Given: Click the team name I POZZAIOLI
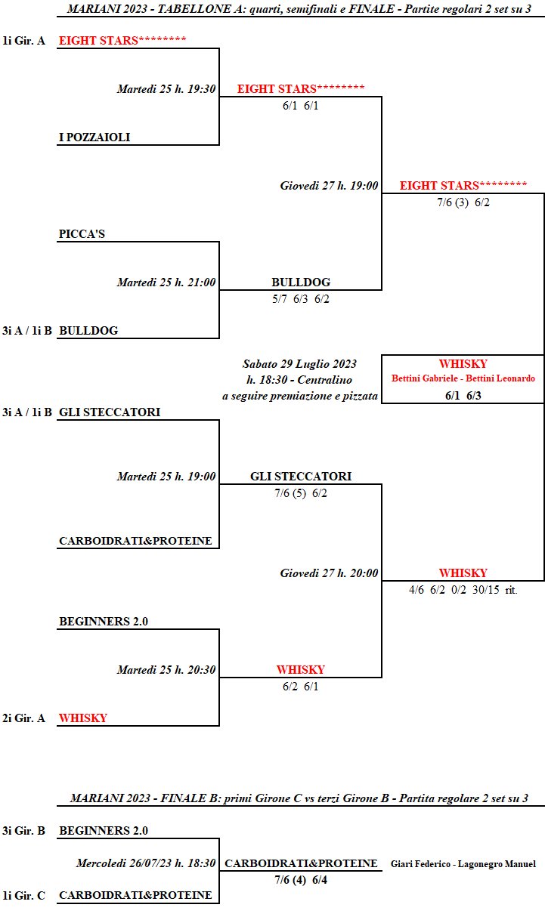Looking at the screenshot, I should coord(94,137).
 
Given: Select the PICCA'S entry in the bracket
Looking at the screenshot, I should coord(82,234).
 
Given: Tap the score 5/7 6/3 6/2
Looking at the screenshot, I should coord(301,299).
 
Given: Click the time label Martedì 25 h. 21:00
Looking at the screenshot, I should coord(166,282).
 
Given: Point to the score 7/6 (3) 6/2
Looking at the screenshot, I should coord(463,202).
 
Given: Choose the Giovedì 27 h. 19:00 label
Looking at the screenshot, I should coord(329,186).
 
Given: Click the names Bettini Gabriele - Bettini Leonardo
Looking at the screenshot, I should coord(463,378).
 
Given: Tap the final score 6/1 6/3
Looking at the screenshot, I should coord(463,394).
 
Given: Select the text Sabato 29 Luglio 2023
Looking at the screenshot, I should coord(299,363).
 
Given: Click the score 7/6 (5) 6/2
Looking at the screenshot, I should coord(301,493).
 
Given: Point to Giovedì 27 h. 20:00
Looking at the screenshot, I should coord(329,573).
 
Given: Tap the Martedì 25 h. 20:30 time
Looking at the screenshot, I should coord(166,670).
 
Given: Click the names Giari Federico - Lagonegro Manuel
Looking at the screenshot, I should coord(463,864).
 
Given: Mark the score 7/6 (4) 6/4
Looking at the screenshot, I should coord(301,879).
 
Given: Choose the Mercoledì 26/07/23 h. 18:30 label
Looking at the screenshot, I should coord(146,863).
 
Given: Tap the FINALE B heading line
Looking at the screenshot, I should coord(299,798).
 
